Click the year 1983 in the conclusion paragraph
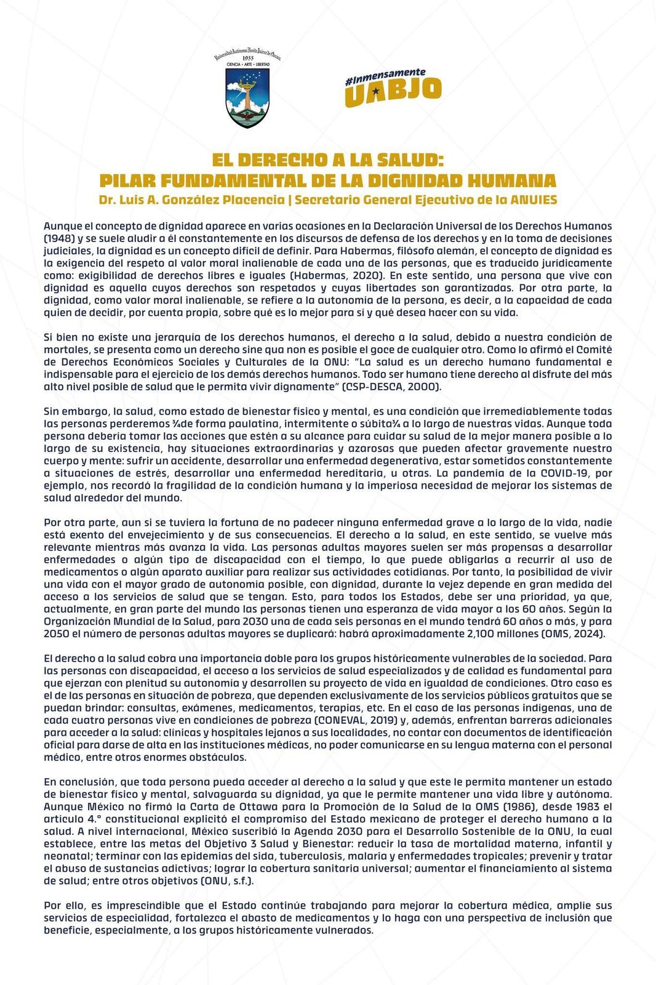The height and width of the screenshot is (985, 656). pyautogui.click(x=575, y=806)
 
